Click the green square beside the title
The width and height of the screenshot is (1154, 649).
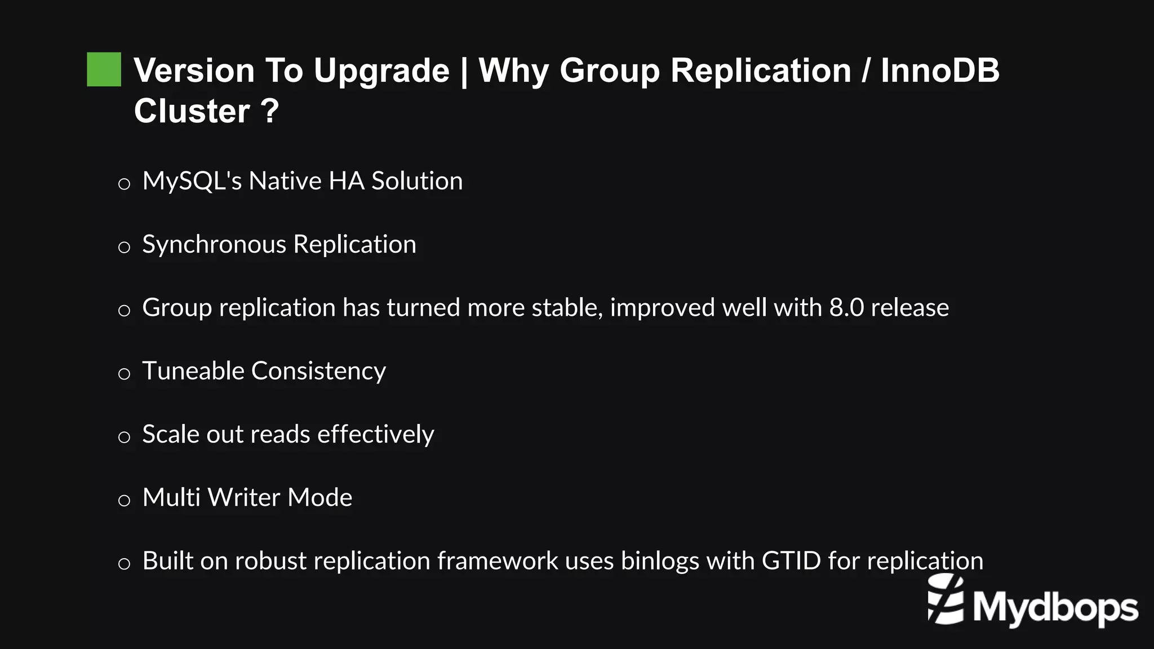coord(104,69)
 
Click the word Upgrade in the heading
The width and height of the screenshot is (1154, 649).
coord(381,71)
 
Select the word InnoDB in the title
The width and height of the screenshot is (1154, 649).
coord(940,71)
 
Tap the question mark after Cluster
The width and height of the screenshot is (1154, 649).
coord(270,111)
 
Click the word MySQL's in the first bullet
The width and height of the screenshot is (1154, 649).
coord(192,181)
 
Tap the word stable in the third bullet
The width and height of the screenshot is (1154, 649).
coord(567,308)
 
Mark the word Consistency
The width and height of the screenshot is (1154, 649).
coord(318,372)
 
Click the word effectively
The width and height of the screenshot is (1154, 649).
coord(375,434)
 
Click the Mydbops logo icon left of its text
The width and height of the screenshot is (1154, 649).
coord(946,600)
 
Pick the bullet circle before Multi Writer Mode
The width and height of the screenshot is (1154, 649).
coord(124,500)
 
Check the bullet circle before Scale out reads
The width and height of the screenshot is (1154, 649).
coord(124,437)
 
